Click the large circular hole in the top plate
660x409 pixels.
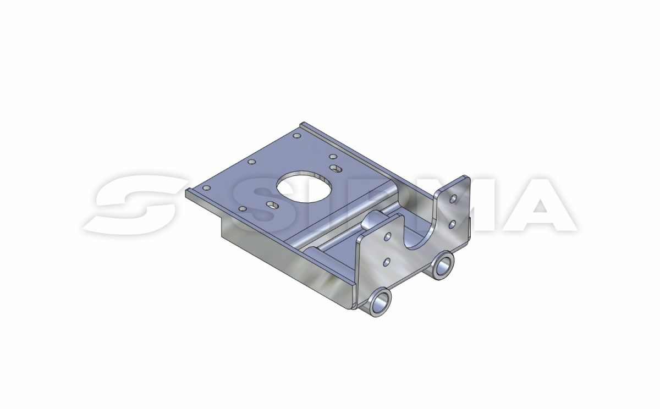(x=304, y=186)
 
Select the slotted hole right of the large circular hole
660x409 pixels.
(x=335, y=168)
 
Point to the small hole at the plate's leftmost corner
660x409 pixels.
(x=207, y=188)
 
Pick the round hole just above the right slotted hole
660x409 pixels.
(x=333, y=157)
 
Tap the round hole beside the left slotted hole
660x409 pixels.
(x=243, y=209)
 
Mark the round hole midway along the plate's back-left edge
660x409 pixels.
(x=252, y=162)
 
